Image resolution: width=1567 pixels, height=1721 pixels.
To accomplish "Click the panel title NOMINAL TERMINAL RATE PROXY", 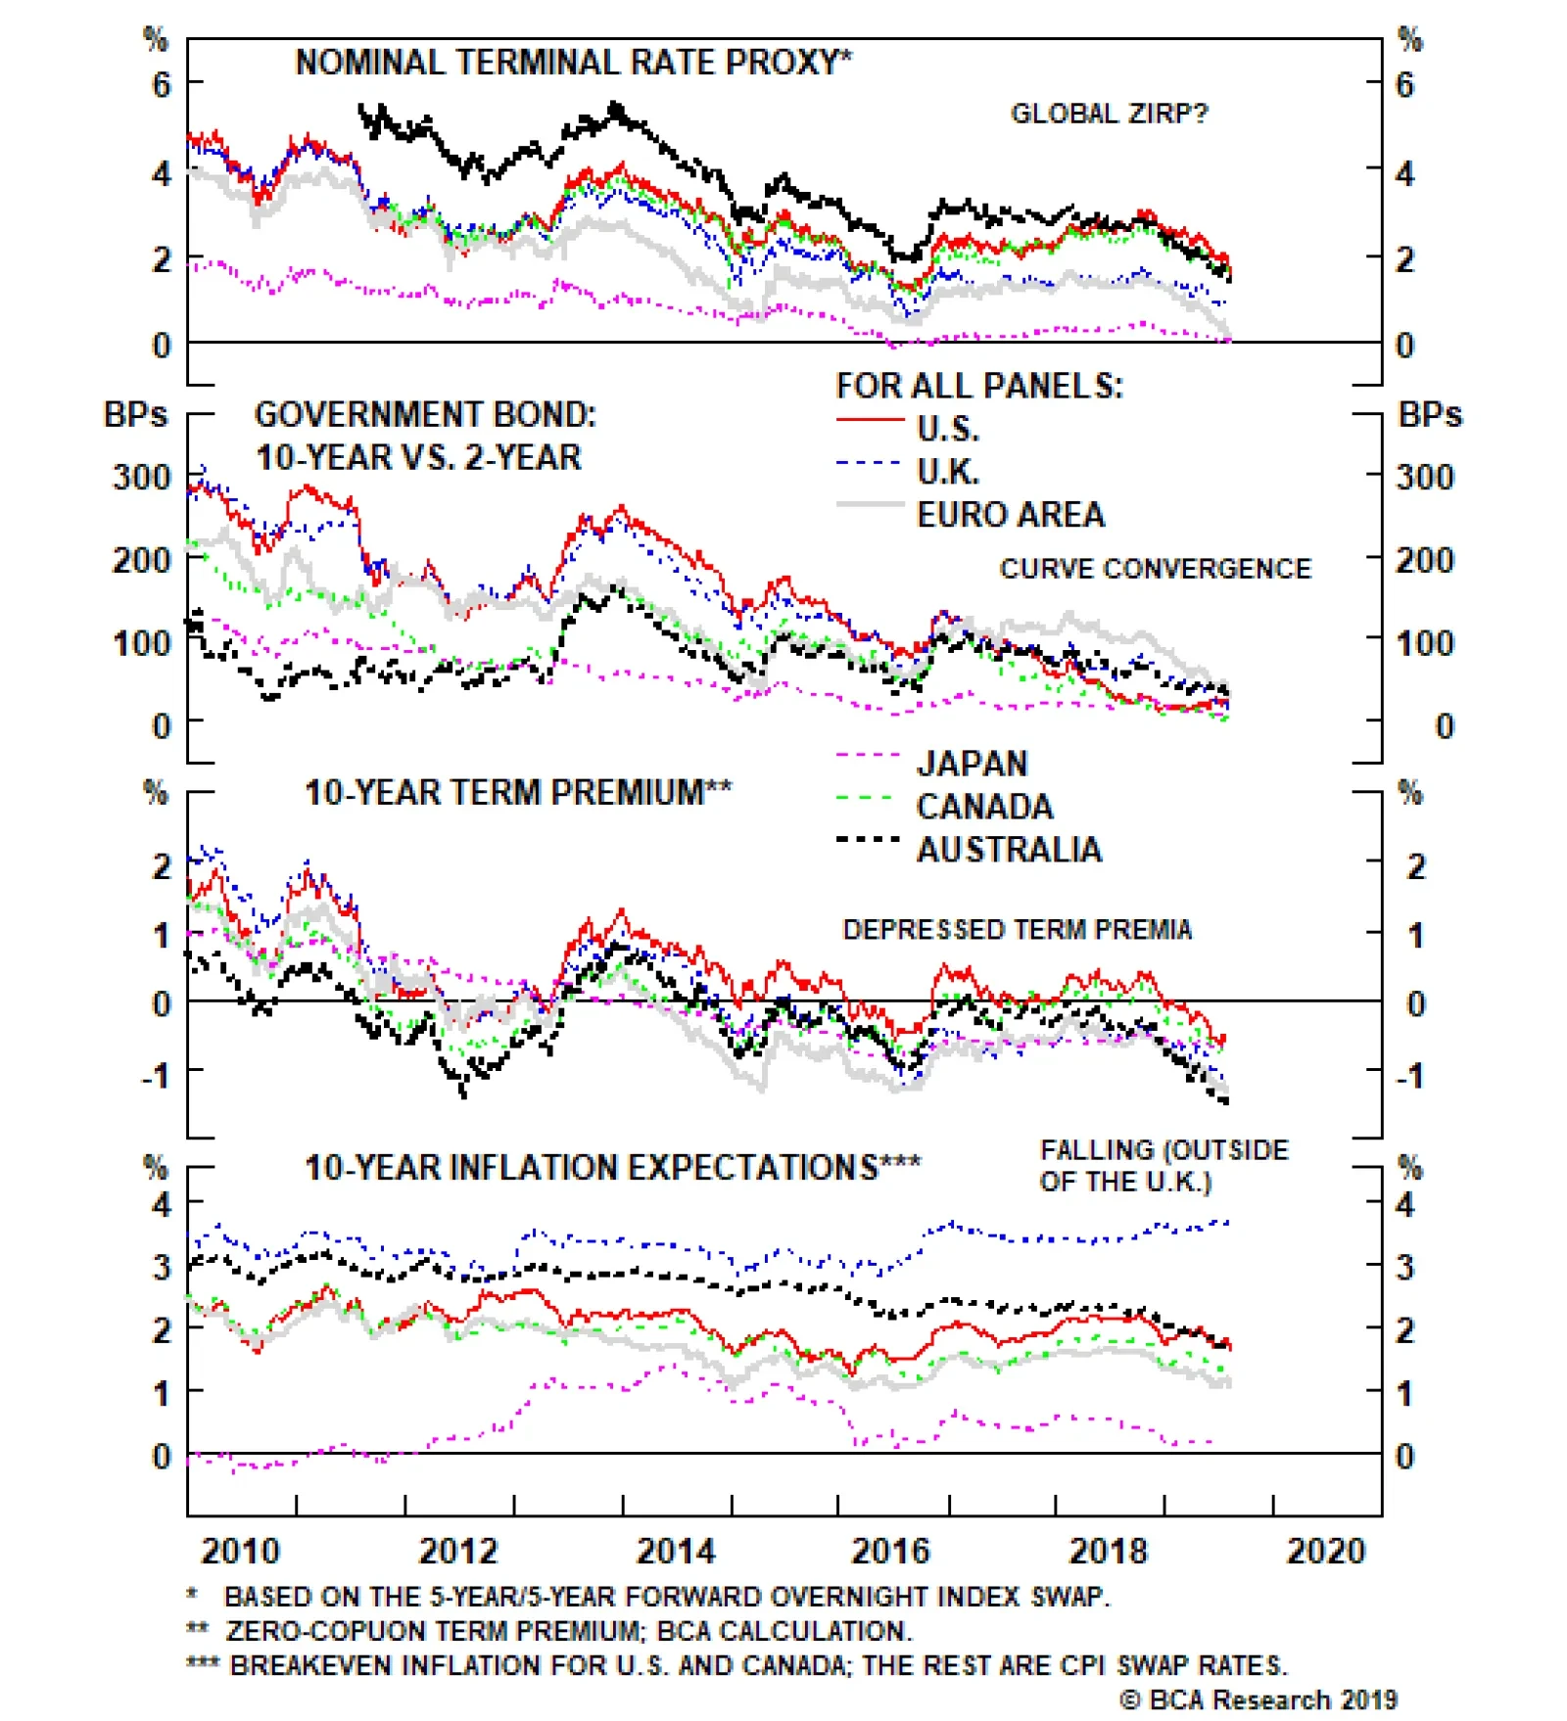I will pyautogui.click(x=572, y=63).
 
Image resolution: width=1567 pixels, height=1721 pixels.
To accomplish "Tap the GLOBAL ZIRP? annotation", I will pyautogui.click(x=1109, y=114).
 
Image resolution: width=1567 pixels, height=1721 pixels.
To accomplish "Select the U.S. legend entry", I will pyautogui.click(x=947, y=429).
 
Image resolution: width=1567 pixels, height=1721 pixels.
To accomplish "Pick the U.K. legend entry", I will pyautogui.click(x=947, y=472).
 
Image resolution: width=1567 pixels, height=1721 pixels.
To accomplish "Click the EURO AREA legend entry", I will pyautogui.click(x=1010, y=515).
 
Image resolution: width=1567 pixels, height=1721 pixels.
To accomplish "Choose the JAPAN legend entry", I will pyautogui.click(x=972, y=764).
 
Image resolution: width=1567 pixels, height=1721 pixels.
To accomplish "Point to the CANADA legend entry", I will pyautogui.click(x=984, y=807).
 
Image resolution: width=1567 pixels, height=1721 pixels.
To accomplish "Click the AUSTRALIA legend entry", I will pyautogui.click(x=1009, y=850).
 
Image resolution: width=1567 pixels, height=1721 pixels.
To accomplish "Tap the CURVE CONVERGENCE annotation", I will pyautogui.click(x=1155, y=569).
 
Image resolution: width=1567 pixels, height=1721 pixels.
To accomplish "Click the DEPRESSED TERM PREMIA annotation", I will pyautogui.click(x=1017, y=929).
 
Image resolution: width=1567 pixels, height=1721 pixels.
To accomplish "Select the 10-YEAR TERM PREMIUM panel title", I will pyautogui.click(x=517, y=792).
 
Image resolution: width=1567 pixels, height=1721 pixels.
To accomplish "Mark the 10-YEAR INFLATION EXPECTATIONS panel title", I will pyautogui.click(x=612, y=1167).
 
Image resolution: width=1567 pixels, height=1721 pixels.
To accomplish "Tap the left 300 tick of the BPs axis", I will pyautogui.click(x=141, y=478).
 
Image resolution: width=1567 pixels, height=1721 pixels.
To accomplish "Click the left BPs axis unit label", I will pyautogui.click(x=135, y=414).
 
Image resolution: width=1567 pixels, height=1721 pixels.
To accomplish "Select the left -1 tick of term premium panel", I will pyautogui.click(x=157, y=1076).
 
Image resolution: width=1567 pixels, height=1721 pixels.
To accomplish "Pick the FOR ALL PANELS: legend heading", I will pyautogui.click(x=978, y=386).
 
